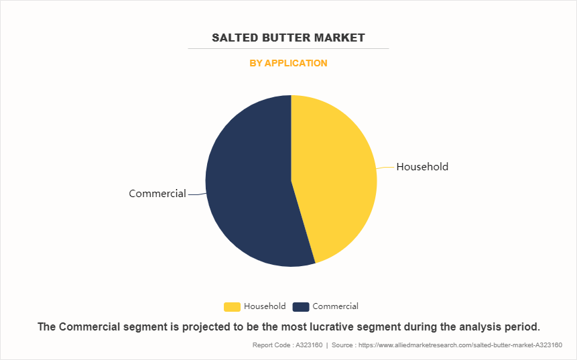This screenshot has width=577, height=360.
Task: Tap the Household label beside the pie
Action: (422, 167)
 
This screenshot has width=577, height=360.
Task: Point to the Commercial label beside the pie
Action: (157, 194)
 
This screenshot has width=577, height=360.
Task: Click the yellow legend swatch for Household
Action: (232, 306)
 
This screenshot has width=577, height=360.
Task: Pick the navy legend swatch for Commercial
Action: (301, 306)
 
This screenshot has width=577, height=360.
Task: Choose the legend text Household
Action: (265, 306)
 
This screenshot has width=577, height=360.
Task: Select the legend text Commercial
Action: (335, 306)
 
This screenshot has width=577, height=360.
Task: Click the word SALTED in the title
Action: (235, 38)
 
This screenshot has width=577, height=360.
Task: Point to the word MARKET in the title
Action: (339, 38)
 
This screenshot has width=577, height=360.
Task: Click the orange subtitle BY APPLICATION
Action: (288, 63)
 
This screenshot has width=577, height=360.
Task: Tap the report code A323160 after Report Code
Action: (309, 345)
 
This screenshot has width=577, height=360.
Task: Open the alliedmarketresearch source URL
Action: (460, 345)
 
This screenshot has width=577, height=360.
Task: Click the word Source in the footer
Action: (342, 345)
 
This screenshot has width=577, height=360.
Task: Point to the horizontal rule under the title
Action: (288, 48)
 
